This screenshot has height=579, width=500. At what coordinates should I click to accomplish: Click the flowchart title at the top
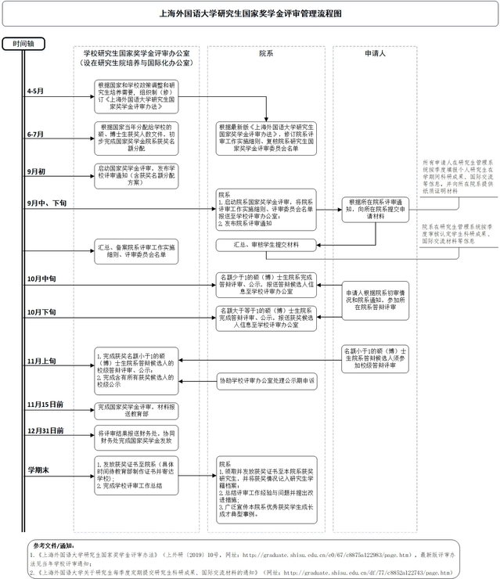250,13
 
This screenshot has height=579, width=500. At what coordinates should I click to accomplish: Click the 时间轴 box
23,44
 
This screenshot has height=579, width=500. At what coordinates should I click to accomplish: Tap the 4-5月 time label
35,92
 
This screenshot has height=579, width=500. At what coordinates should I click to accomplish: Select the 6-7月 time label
35,135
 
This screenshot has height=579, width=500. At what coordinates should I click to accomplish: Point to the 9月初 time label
35,171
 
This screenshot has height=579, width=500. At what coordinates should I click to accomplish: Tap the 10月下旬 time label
41,312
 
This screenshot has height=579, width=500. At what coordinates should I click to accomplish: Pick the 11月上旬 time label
41,361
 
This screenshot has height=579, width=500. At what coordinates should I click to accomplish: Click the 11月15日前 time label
45,405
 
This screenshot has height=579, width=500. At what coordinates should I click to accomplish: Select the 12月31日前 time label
45,430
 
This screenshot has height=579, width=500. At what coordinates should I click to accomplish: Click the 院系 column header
266,54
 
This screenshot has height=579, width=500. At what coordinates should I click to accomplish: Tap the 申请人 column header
375,54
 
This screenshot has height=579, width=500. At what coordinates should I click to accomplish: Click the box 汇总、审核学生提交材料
266,246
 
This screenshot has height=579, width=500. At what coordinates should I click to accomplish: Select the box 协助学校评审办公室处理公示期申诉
266,382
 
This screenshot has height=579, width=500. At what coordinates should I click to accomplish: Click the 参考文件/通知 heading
53,545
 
